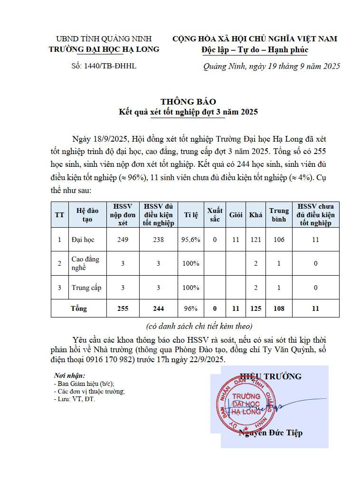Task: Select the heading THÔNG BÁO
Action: coord(188,102)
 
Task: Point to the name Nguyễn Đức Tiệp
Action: coord(271,433)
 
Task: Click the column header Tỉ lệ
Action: coord(191,215)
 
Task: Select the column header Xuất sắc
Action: coord(215,215)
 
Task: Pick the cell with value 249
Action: coord(123,240)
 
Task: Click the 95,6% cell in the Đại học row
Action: coord(191,240)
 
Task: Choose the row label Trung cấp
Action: coord(86,288)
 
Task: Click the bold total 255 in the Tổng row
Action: coord(123,308)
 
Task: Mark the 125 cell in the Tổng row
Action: coord(256,308)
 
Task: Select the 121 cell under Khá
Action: coord(256,240)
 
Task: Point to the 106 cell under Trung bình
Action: coord(279,240)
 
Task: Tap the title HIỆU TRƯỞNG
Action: coord(271,376)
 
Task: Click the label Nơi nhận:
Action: coord(70,376)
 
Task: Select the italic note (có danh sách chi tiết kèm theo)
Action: coord(199,326)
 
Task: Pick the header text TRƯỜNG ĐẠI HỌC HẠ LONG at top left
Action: coord(104,49)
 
